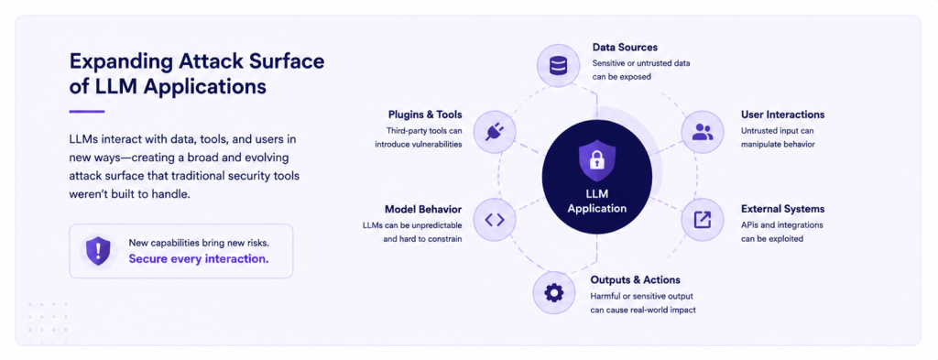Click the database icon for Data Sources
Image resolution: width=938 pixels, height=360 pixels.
click(558, 65)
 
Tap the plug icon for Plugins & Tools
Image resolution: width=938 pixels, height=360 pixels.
click(494, 132)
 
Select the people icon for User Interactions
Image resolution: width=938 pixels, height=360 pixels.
click(703, 132)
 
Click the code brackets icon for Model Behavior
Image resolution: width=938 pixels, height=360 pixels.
click(494, 220)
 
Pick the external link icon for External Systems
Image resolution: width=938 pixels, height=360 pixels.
click(703, 220)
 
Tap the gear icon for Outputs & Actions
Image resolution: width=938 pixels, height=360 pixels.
click(554, 293)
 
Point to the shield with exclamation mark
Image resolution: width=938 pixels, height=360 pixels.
click(98, 251)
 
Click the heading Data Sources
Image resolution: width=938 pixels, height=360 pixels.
click(625, 48)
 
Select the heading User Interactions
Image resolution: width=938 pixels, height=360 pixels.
click(782, 115)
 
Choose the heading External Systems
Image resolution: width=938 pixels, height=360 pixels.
click(782, 209)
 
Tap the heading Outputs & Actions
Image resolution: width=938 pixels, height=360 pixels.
click(636, 280)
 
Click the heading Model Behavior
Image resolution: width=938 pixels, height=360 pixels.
click(423, 209)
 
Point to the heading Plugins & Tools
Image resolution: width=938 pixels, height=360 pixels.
click(425, 115)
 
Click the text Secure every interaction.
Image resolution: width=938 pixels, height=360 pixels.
click(199, 259)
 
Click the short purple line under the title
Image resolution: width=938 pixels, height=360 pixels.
click(87, 111)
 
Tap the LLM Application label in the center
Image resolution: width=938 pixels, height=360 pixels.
click(597, 202)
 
